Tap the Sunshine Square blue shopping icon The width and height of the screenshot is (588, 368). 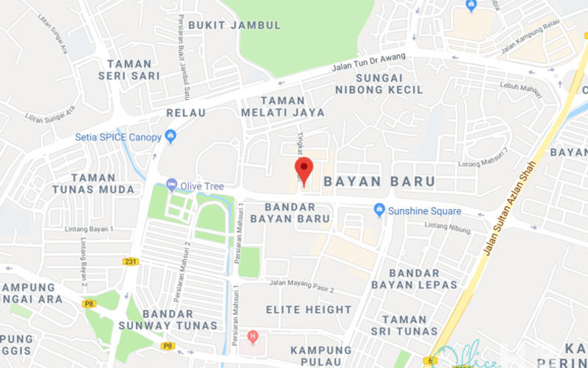(379, 210)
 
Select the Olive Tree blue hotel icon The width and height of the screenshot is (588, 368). (171, 185)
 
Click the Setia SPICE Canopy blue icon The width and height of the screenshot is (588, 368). (171, 136)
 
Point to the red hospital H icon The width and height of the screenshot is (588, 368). (254, 337)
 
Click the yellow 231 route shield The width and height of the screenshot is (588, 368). (131, 261)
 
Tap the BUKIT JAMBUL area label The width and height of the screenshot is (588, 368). (234, 25)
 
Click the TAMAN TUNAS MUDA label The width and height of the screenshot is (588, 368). (93, 183)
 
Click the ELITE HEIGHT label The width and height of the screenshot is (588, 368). (309, 310)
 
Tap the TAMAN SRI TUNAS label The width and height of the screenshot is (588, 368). (404, 325)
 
